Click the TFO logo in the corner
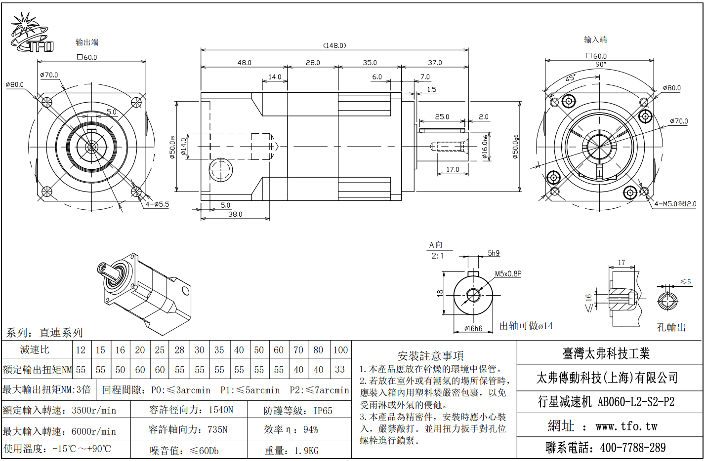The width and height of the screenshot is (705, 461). [x=31, y=34]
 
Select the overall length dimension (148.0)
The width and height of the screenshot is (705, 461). [x=334, y=45]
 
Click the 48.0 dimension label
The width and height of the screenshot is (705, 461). [x=244, y=63]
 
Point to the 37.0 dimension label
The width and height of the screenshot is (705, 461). [x=435, y=63]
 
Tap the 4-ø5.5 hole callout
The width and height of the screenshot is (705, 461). [x=157, y=204]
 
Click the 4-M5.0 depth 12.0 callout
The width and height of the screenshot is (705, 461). [x=675, y=204]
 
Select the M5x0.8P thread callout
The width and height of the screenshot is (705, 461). [x=508, y=273]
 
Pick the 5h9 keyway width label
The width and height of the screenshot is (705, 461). [x=494, y=253]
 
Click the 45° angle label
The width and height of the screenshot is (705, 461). [x=571, y=78]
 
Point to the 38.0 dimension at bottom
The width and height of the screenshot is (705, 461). [x=235, y=214]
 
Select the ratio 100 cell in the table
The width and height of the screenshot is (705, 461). [x=340, y=350]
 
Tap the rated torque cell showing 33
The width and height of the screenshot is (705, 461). [x=340, y=369]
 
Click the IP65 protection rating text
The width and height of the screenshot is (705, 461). [x=323, y=411]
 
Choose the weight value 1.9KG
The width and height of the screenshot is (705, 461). [x=306, y=451]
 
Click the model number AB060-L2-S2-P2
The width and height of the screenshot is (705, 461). [x=636, y=402]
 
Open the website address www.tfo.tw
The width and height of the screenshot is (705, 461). [x=626, y=426]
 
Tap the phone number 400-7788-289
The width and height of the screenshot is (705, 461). [x=633, y=448]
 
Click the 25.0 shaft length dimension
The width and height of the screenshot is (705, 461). [x=442, y=117]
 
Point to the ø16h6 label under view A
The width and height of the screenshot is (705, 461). [x=473, y=329]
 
